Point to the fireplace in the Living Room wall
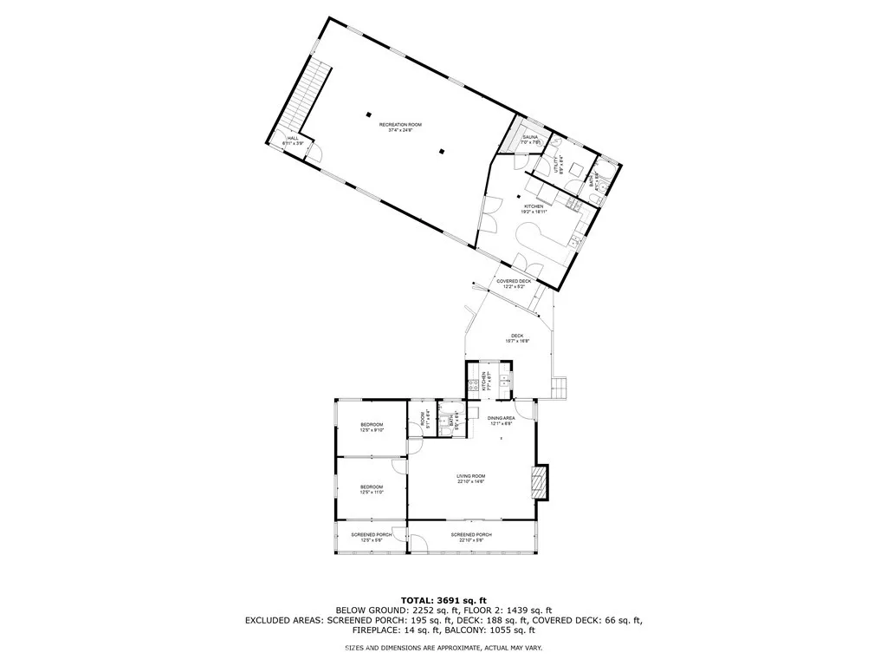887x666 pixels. pos(540,481)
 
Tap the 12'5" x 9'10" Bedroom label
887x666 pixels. pos(372,427)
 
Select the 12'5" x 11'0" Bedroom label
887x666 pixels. pos(372,489)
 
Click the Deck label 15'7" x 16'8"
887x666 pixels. pos(517,338)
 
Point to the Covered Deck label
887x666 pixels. pos(514,284)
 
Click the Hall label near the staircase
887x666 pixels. pos(283,140)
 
